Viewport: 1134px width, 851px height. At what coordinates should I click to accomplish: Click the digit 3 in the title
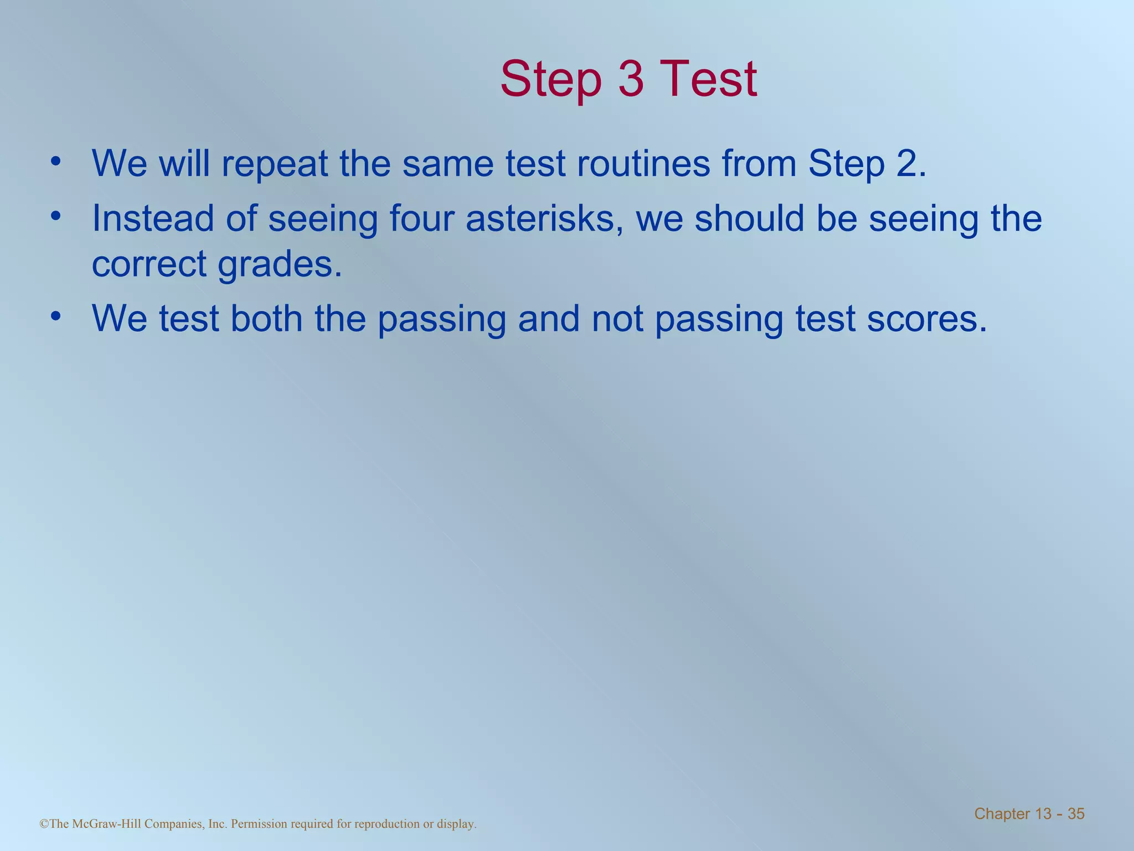coord(631,79)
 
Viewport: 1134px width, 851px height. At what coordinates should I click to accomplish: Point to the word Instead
coord(152,218)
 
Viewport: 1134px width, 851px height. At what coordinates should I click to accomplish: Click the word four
coord(421,218)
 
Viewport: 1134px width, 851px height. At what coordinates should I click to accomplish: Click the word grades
coord(279,265)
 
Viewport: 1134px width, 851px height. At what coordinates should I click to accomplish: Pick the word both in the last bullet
coord(266,319)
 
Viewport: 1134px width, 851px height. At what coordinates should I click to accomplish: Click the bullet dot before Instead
coord(55,216)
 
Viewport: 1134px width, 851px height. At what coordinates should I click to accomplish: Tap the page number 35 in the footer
coord(1076,814)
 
